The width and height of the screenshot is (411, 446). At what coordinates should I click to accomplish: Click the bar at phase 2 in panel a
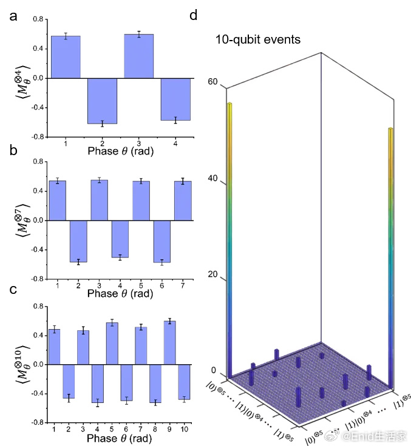pyautogui.click(x=103, y=101)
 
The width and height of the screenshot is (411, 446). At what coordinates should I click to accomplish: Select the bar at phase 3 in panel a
pyautogui.click(x=139, y=56)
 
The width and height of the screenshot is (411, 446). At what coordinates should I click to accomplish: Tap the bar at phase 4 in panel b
pyautogui.click(x=120, y=239)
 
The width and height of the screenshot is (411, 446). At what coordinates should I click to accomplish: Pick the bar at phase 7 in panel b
pyautogui.click(x=183, y=201)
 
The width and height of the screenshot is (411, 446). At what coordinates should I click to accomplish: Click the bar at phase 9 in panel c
pyautogui.click(x=169, y=343)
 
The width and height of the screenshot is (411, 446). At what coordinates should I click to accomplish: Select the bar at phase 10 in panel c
pyautogui.click(x=184, y=382)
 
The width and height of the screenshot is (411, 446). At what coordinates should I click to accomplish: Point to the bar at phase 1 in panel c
pyautogui.click(x=54, y=347)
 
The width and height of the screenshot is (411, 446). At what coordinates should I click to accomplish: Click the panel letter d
pyautogui.click(x=193, y=15)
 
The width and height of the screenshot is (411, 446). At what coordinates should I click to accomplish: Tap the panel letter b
pyautogui.click(x=13, y=150)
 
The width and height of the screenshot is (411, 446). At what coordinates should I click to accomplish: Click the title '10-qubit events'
pyautogui.click(x=257, y=39)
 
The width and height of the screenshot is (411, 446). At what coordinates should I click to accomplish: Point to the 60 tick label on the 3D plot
pyautogui.click(x=212, y=82)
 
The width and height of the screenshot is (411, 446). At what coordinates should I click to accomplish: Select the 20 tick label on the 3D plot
pyautogui.click(x=212, y=274)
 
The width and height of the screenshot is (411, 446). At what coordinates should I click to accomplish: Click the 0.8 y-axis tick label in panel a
pyautogui.click(x=38, y=19)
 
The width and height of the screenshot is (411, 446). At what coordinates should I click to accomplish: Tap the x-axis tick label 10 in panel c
pyautogui.click(x=184, y=429)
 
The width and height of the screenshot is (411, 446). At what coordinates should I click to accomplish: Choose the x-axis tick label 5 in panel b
pyautogui.click(x=141, y=285)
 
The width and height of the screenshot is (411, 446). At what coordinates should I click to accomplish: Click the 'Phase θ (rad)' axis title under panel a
pyautogui.click(x=121, y=151)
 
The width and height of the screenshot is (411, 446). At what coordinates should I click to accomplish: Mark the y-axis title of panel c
pyautogui.click(x=23, y=365)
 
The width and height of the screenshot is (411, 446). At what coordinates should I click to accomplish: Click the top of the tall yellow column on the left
pyautogui.click(x=229, y=104)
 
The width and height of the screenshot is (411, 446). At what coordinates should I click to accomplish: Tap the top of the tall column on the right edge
pyautogui.click(x=390, y=129)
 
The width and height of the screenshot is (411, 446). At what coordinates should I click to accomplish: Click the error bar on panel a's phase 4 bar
pyautogui.click(x=175, y=120)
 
